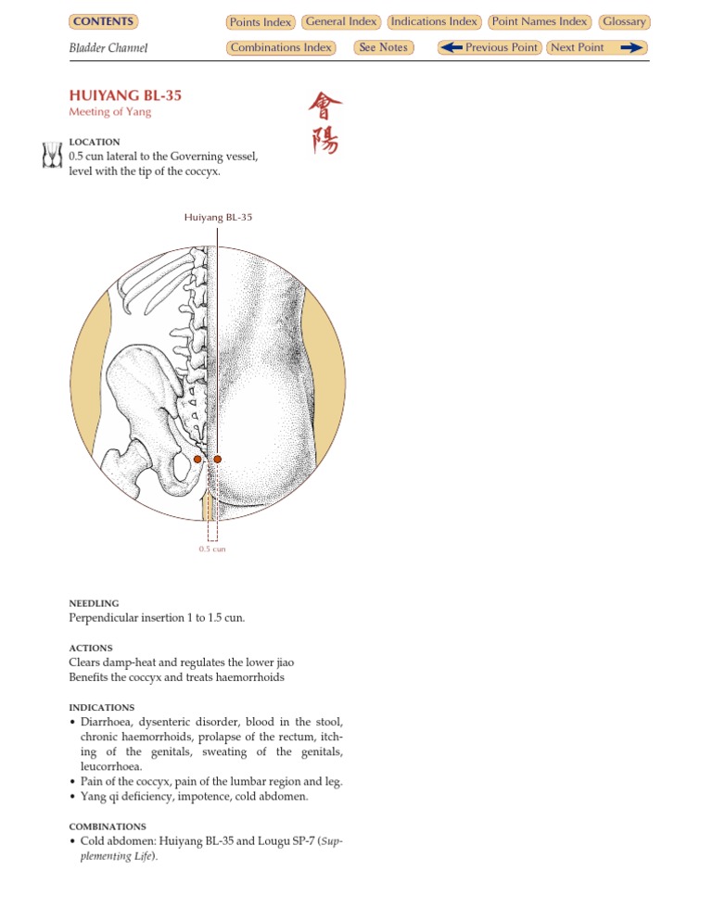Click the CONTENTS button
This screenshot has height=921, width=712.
point(103,21)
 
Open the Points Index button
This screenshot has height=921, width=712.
point(261,22)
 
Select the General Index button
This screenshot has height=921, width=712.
point(340,21)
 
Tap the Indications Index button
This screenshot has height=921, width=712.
point(434,21)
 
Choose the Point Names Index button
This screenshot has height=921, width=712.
point(539,21)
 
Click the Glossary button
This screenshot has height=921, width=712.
point(624,21)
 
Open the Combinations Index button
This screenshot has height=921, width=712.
point(280,47)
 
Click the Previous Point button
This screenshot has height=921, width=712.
point(489,47)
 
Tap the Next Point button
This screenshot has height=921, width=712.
point(596,47)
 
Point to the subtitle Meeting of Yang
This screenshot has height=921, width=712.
point(109,112)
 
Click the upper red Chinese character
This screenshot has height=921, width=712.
point(324,107)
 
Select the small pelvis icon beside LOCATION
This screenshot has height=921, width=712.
point(52,156)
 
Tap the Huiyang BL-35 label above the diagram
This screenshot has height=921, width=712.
point(218,218)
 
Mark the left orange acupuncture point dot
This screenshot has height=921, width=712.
point(197,460)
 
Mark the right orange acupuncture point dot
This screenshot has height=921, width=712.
point(218,460)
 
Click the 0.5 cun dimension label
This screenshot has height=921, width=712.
point(212,549)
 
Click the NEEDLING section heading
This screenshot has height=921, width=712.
point(94,602)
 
